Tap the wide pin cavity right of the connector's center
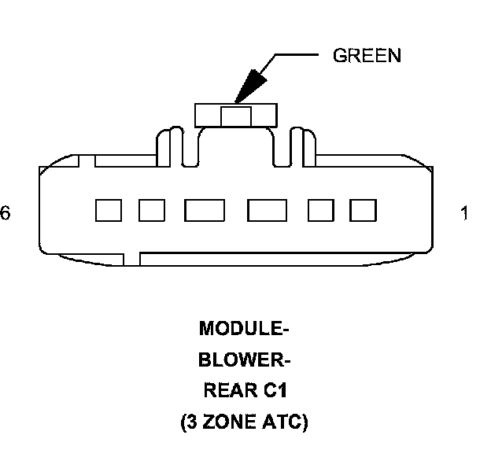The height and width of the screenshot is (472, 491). click(x=266, y=210)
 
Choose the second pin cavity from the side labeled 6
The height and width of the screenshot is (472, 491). click(x=151, y=210)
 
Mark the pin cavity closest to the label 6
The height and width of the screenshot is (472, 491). click(x=108, y=210)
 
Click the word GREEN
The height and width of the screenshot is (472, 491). click(x=367, y=56)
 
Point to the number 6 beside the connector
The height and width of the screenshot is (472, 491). click(x=6, y=213)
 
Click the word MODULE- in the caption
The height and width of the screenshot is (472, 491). click(x=243, y=326)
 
